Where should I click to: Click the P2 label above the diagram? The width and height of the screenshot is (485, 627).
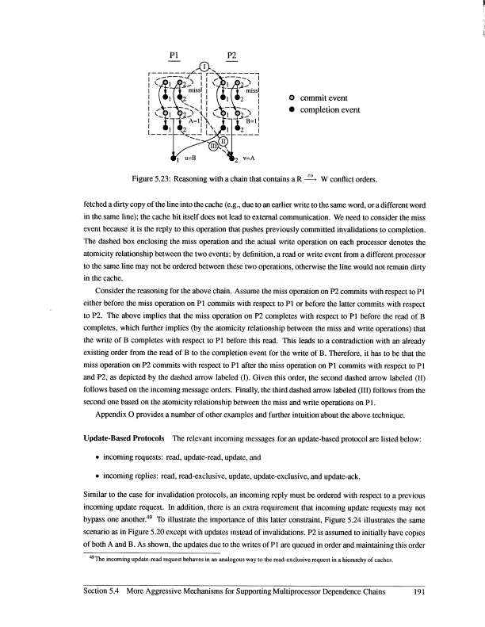click(231, 55)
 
